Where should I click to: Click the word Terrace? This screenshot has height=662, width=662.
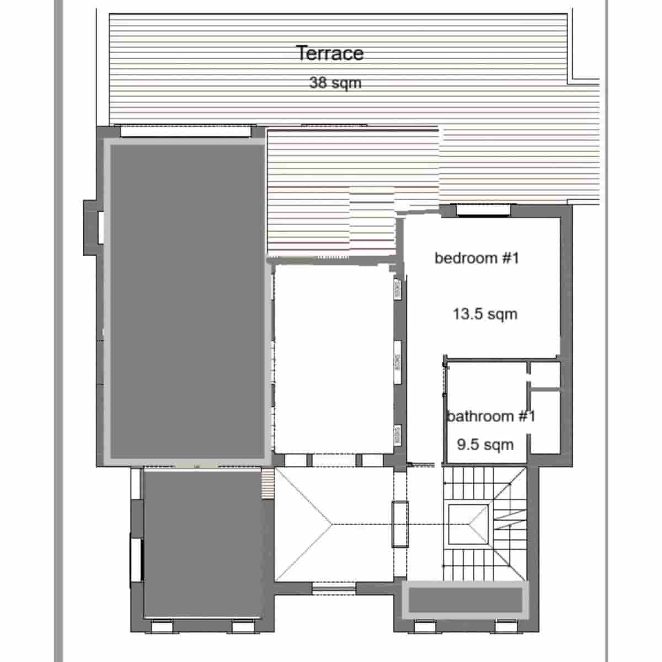330,54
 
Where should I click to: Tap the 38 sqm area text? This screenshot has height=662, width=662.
335,83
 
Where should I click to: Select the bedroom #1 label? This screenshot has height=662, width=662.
477,258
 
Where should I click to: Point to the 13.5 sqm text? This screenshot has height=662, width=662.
485,314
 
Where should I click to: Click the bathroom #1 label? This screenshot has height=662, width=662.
490,416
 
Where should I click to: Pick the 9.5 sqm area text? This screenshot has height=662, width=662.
485,445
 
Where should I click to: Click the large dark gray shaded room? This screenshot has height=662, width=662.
188,301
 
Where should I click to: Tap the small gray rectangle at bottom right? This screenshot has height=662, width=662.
465,600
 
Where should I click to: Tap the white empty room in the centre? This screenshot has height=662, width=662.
334,359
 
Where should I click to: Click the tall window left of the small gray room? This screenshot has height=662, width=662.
136,560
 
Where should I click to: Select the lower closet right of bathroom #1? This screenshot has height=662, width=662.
544,422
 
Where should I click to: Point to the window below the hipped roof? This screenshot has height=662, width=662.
334,588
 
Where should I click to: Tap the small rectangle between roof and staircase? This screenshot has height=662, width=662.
400,524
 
